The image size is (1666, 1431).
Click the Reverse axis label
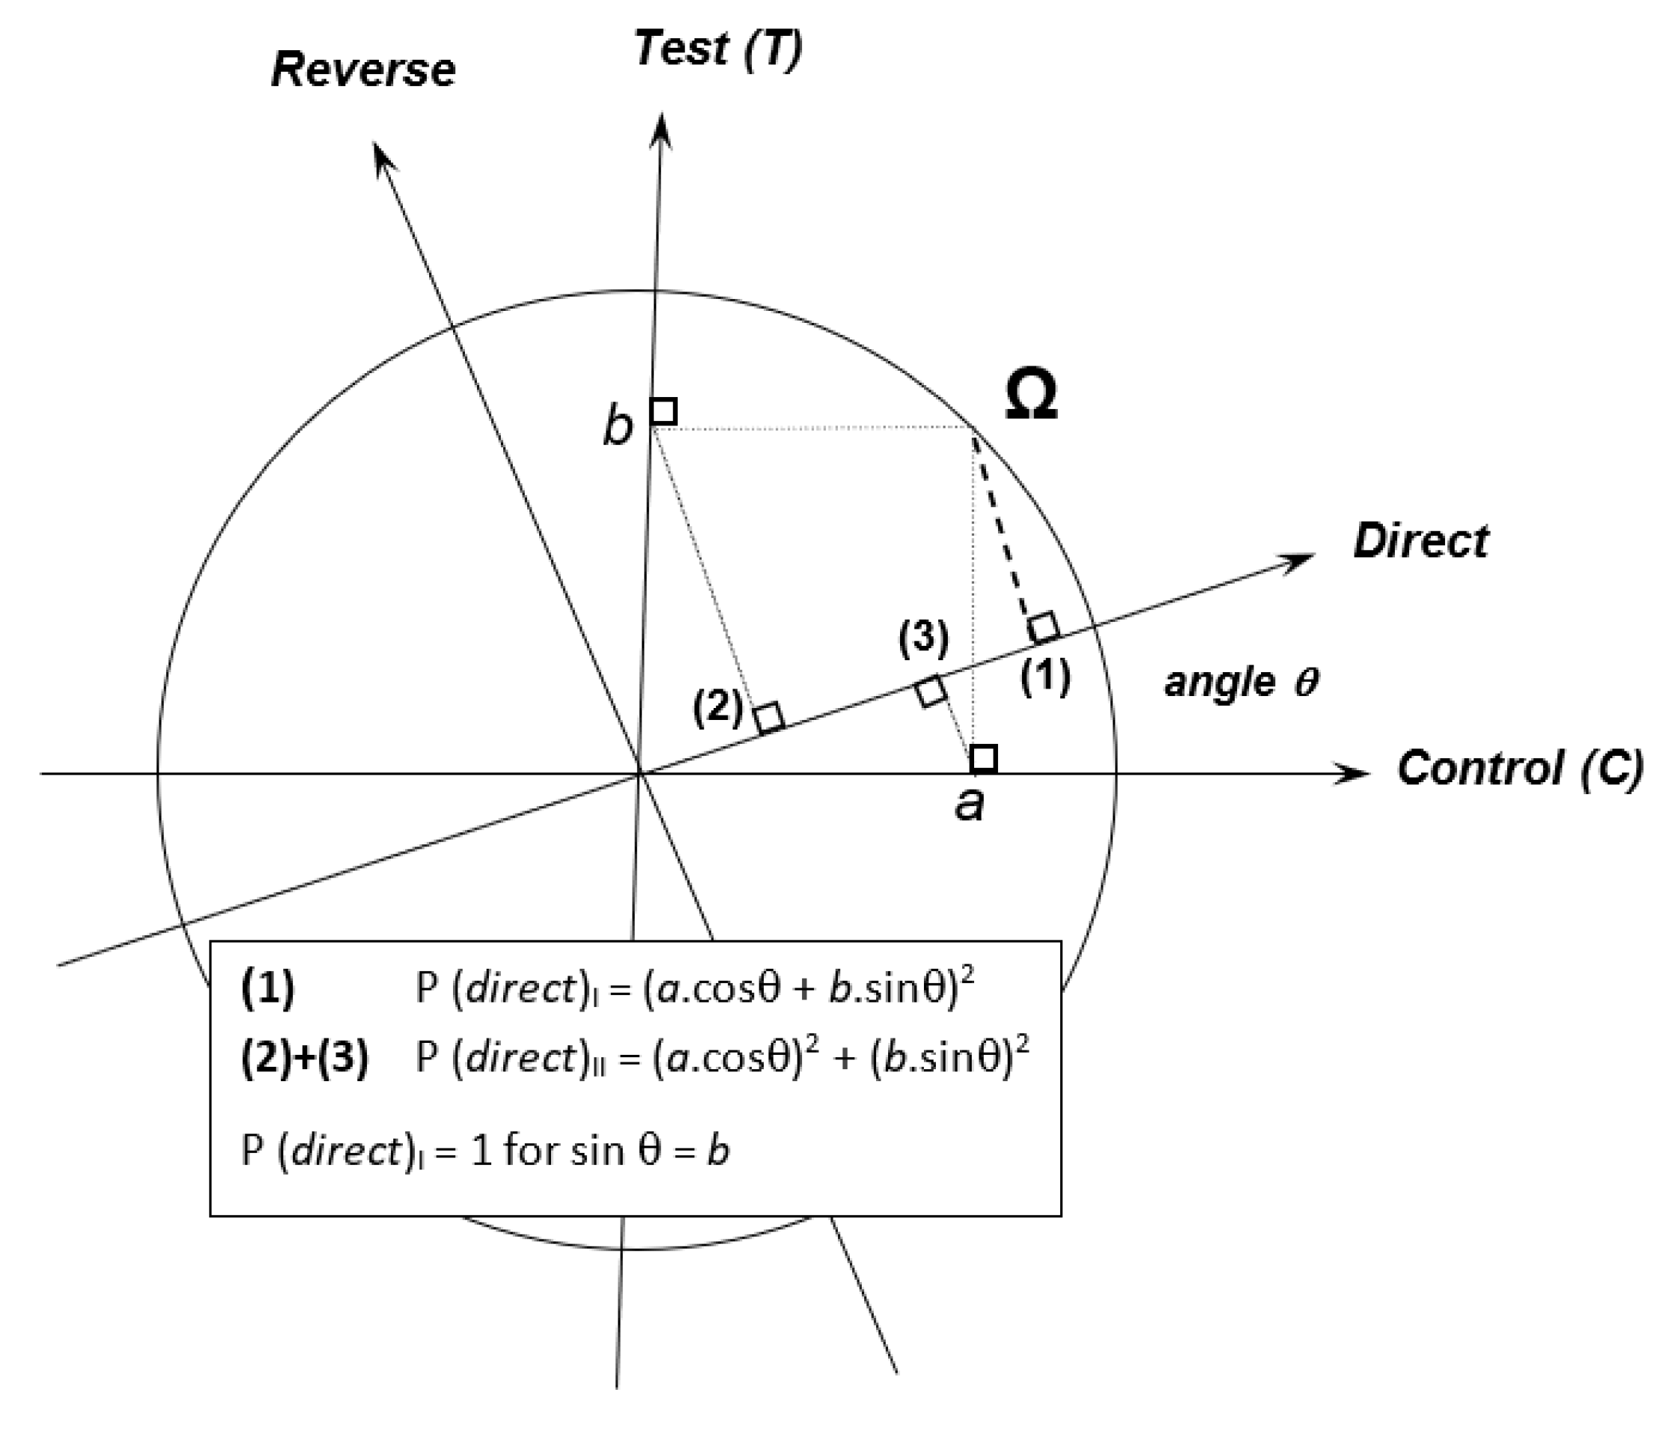(363, 70)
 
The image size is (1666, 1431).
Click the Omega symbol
(1032, 396)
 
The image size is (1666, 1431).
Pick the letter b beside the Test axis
(618, 426)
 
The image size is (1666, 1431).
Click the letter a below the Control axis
(970, 802)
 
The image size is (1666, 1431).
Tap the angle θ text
(1241, 682)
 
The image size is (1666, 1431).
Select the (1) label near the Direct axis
(1045, 676)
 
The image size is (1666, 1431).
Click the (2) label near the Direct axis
(717, 707)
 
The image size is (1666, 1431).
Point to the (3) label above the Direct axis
(924, 638)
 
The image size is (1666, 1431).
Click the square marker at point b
(663, 411)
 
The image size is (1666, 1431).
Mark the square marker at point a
(984, 757)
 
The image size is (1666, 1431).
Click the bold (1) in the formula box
(268, 988)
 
